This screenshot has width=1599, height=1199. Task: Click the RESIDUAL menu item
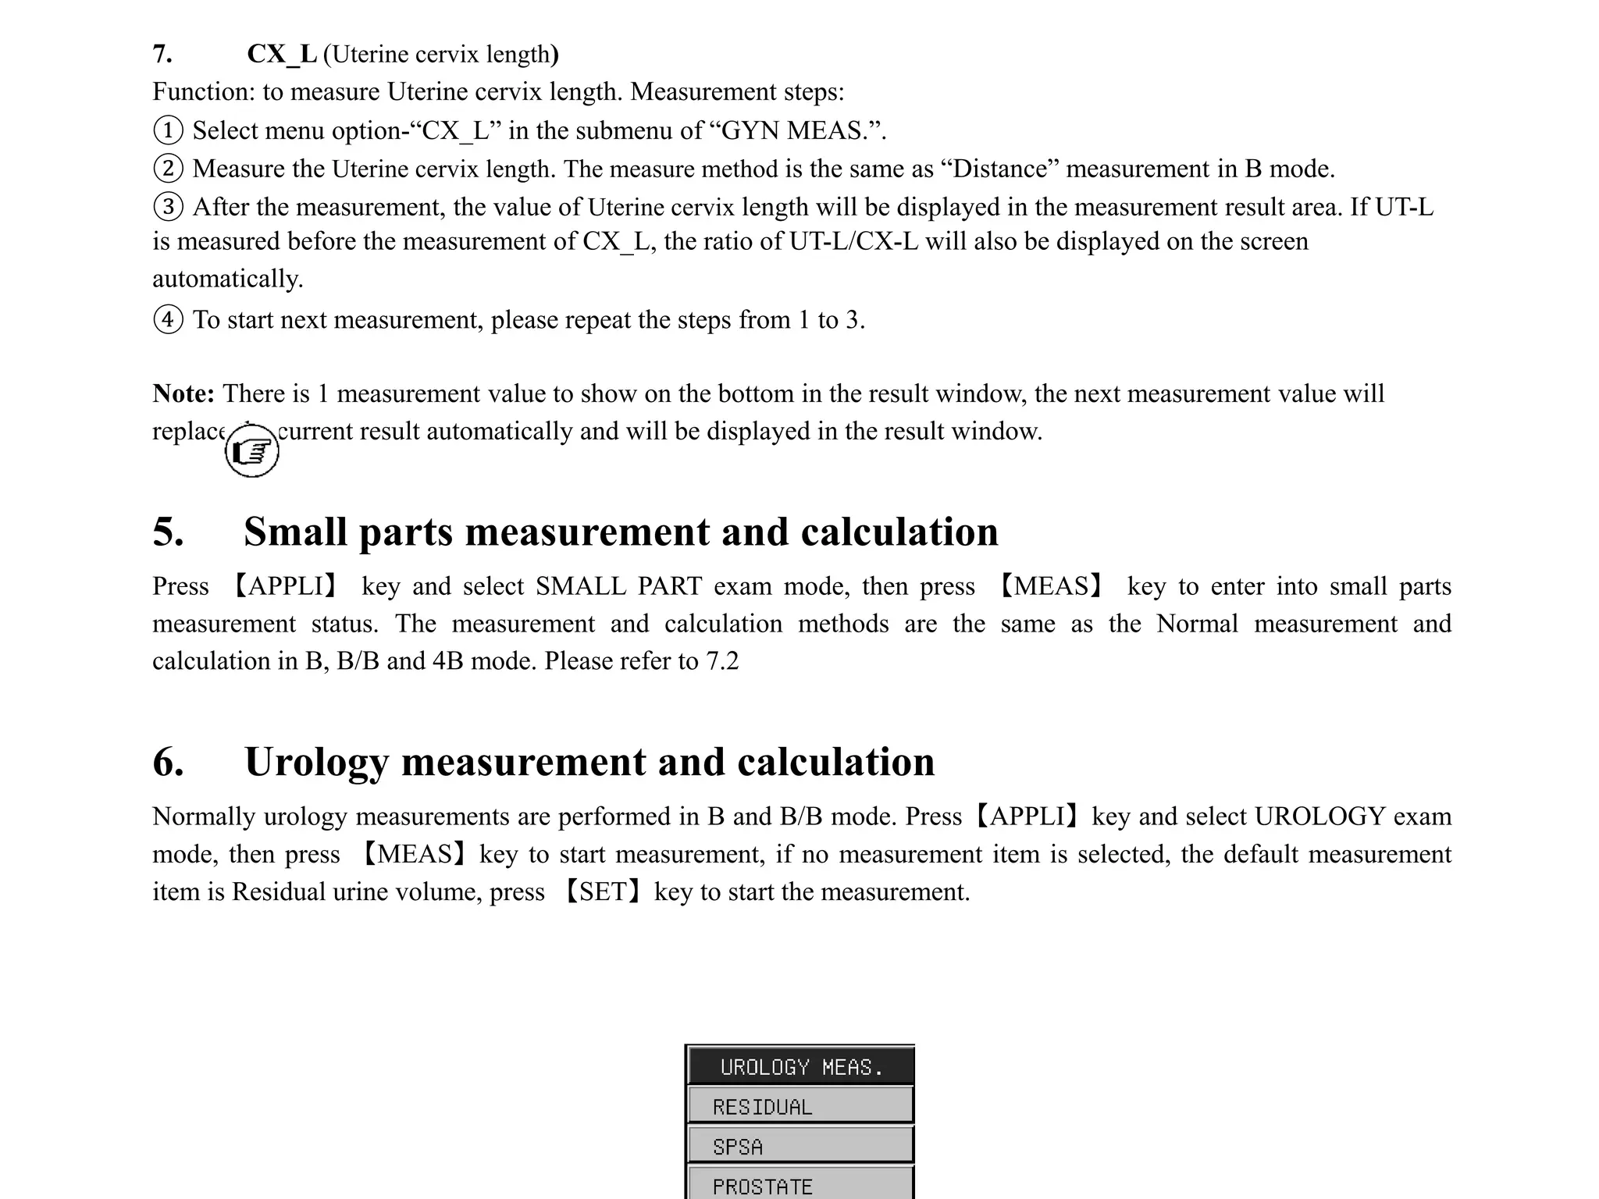[x=799, y=1106]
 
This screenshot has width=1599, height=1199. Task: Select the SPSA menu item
[x=799, y=1146]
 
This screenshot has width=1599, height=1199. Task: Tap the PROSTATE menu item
[x=799, y=1185]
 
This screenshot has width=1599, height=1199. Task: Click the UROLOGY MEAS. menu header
[x=799, y=1066]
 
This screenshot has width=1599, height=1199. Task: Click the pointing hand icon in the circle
[x=251, y=451]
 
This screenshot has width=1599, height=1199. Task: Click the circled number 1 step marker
[x=168, y=130]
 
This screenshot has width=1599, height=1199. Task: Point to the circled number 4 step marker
[x=168, y=319]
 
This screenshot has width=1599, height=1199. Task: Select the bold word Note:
[x=183, y=393]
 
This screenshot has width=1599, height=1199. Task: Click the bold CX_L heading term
[x=282, y=54]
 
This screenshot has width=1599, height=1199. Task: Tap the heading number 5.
[x=168, y=532]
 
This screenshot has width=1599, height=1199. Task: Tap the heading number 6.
[x=168, y=762]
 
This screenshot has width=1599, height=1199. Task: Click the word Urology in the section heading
[x=316, y=762]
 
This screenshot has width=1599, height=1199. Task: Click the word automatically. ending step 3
[x=227, y=279]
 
